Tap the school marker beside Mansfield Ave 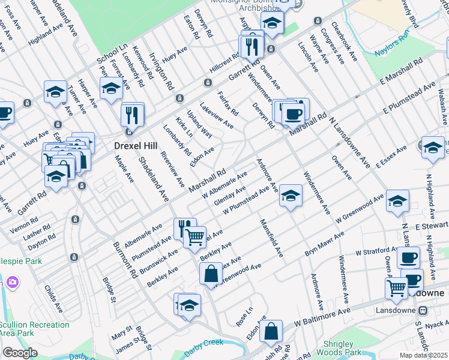[290, 195]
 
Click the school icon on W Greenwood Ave [397, 202]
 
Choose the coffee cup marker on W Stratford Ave [408, 257]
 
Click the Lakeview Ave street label [216, 115]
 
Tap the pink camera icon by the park [12, 282]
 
